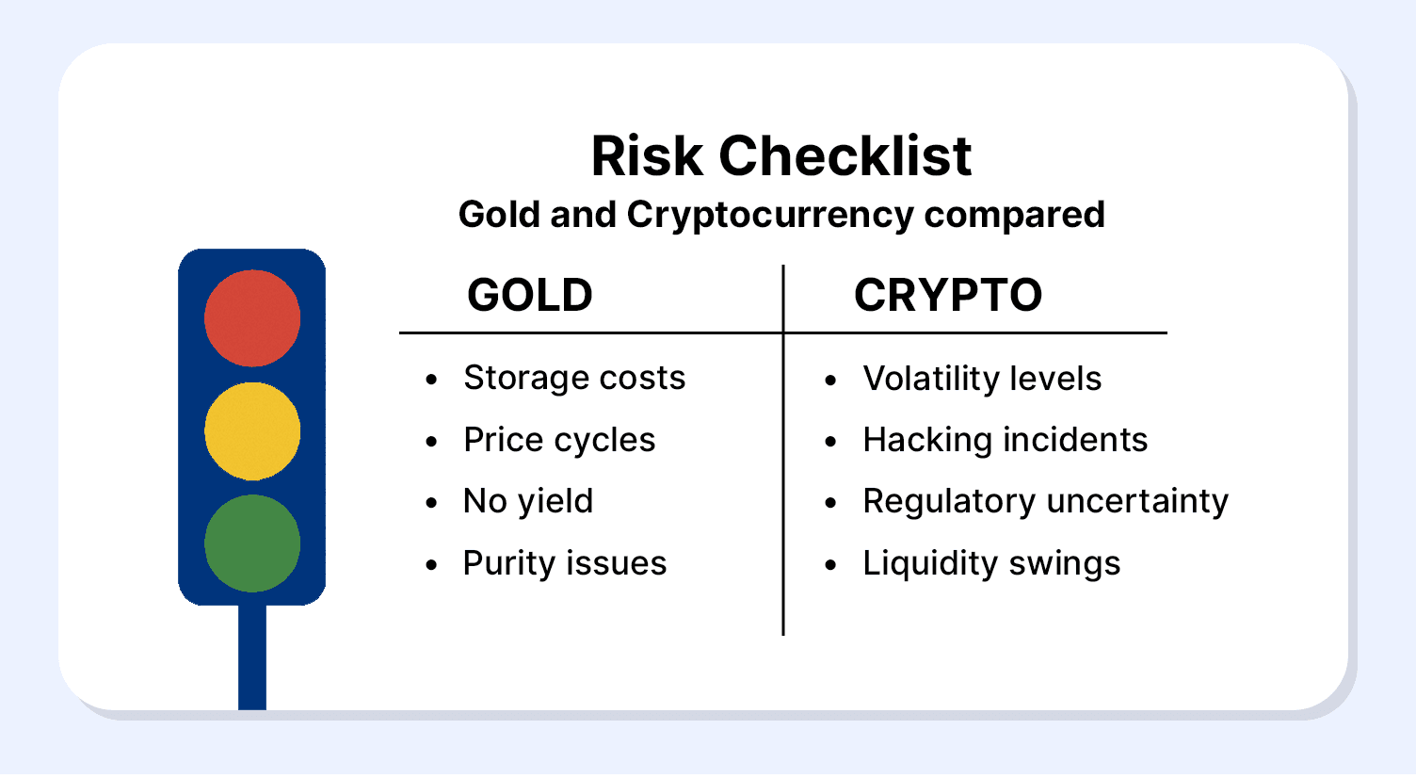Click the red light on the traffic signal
pyautogui.click(x=252, y=318)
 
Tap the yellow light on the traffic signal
pyautogui.click(x=252, y=431)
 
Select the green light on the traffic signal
pyautogui.click(x=252, y=543)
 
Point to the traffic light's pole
pyautogui.click(x=252, y=657)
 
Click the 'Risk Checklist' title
pyautogui.click(x=781, y=155)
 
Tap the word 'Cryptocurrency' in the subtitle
pyautogui.click(x=770, y=216)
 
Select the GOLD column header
pyautogui.click(x=530, y=296)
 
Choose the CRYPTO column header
pyautogui.click(x=947, y=296)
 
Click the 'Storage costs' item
pyautogui.click(x=574, y=379)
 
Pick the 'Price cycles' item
pyautogui.click(x=559, y=440)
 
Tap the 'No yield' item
pyautogui.click(x=528, y=502)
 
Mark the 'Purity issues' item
pyautogui.click(x=565, y=563)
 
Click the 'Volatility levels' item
pyautogui.click(x=982, y=379)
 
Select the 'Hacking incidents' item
pyautogui.click(x=1006, y=440)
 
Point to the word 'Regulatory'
pyautogui.click(x=949, y=502)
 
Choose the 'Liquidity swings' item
pyautogui.click(x=991, y=563)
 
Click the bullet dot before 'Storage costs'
pyautogui.click(x=432, y=380)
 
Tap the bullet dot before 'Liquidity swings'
pyautogui.click(x=830, y=565)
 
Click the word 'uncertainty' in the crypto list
pyautogui.click(x=1137, y=502)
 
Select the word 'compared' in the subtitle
pyautogui.click(x=1015, y=216)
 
